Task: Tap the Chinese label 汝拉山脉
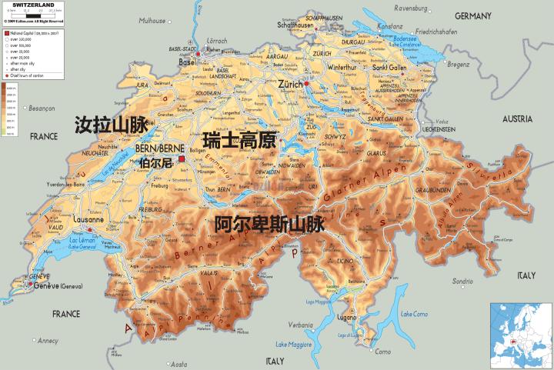(x=111, y=126)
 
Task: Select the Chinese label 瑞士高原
(x=239, y=140)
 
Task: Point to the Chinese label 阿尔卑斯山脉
(x=269, y=224)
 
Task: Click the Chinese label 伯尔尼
(x=157, y=163)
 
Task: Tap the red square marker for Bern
(x=182, y=158)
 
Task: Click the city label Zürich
(x=290, y=83)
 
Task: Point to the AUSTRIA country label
(x=518, y=119)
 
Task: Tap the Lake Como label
(x=414, y=314)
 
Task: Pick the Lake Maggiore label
(x=293, y=343)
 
